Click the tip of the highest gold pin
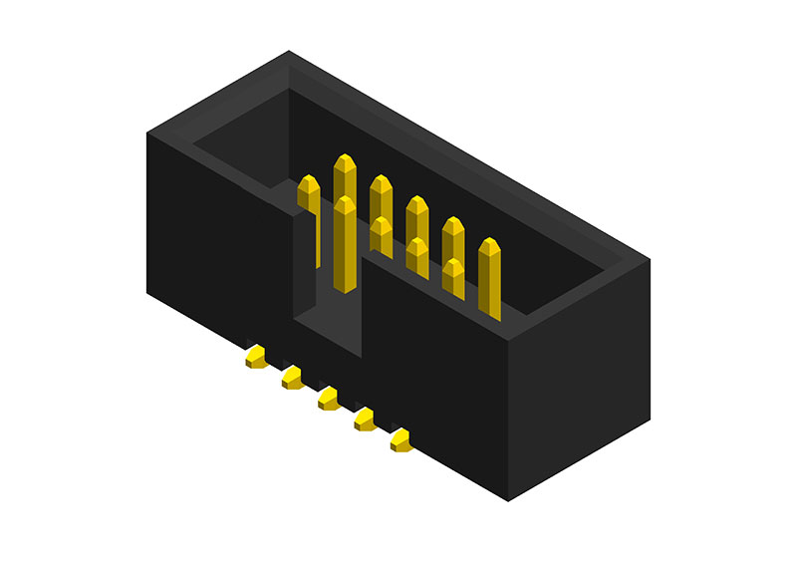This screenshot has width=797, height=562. (x=345, y=159)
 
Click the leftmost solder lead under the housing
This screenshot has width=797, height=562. (x=255, y=356)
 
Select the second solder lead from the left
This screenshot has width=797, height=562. (x=292, y=378)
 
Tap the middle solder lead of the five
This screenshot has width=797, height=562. (x=328, y=399)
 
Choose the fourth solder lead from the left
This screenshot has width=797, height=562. (x=365, y=421)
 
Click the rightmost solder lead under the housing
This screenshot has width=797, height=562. (x=400, y=439)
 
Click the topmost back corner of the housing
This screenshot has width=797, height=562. (x=289, y=52)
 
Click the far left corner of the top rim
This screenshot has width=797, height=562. (x=147, y=132)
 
